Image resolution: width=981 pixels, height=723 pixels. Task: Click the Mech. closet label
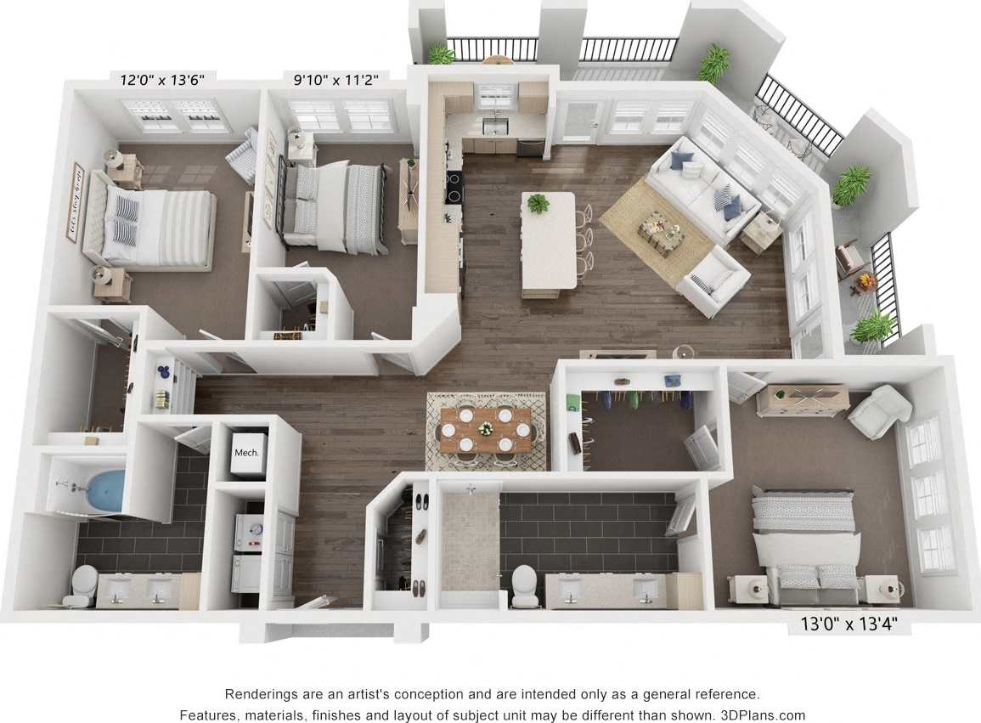(246, 453)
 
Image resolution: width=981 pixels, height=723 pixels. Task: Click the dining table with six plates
(486, 428)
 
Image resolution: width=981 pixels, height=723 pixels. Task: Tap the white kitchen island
(548, 242)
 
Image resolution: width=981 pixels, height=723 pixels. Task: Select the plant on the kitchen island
(538, 203)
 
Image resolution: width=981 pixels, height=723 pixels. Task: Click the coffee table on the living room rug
(660, 231)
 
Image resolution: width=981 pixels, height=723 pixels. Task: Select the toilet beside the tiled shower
(524, 585)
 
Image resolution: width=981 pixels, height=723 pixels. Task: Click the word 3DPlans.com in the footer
(762, 715)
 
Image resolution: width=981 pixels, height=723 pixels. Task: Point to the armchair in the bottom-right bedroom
(879, 411)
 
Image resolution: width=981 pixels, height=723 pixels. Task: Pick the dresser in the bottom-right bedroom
(802, 399)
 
